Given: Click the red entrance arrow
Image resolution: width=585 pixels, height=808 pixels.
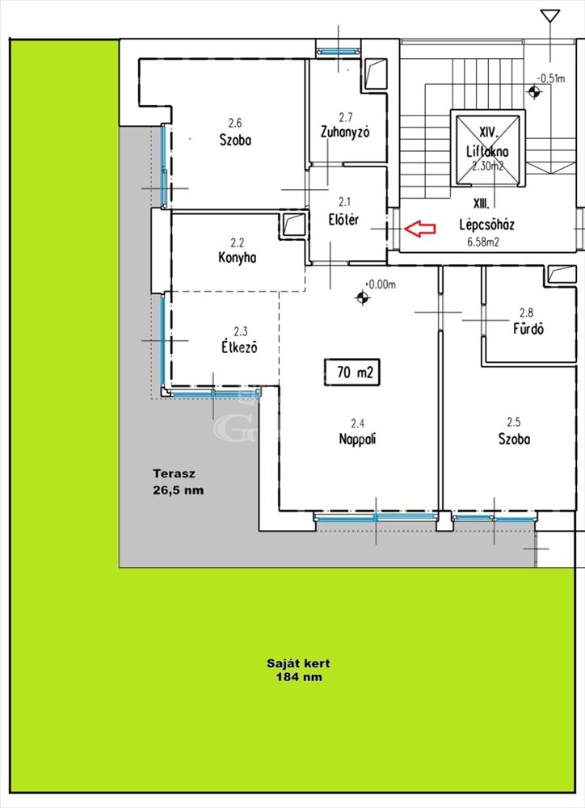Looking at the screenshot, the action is coord(420,229).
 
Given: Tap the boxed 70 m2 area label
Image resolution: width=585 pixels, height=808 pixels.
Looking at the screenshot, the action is coord(352,372).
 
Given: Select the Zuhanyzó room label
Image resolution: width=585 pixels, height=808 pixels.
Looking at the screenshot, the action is coord(345,132).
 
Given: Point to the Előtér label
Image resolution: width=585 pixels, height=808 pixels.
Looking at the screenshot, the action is coord(343,220).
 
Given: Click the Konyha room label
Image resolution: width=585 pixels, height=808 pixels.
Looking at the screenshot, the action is coord(237,257).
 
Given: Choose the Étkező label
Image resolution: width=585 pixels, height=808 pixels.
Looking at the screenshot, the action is coord(239,347).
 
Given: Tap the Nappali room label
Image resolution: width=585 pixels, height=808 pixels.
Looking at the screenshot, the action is coord(357,439).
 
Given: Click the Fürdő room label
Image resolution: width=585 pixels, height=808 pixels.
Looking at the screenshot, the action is coord(528,328).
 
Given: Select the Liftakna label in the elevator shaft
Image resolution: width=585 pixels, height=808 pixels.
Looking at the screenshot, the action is coord(487,152).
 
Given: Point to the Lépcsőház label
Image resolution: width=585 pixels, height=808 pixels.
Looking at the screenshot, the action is coord(486,225).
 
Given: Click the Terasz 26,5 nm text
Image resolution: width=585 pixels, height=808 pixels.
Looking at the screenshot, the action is coord(179,482).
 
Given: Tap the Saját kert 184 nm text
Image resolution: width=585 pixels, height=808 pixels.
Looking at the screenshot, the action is coord(298,670).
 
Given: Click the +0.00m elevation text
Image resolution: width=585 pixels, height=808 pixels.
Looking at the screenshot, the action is coord(381,284).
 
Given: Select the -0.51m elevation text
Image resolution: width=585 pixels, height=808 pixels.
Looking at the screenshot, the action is coord(551,78).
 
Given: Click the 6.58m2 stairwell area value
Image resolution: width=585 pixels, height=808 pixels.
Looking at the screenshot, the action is coord(483,242).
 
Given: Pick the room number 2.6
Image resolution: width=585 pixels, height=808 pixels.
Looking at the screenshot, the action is coord(235,123).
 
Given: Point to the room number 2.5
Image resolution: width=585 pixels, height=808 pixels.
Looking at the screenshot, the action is coord(514,422).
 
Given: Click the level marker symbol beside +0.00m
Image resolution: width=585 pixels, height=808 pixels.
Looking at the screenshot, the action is coord(362,297).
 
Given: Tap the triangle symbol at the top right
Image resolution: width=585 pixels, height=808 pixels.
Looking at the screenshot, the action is coord(550,16).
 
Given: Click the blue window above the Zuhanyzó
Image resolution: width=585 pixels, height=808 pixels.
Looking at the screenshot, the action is coord(338,51).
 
